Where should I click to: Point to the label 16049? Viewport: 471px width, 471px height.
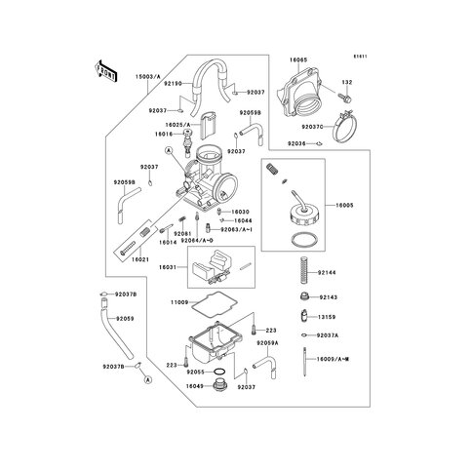(194, 387)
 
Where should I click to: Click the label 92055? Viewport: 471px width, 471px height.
(197, 373)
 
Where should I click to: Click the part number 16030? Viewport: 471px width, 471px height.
(240, 212)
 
